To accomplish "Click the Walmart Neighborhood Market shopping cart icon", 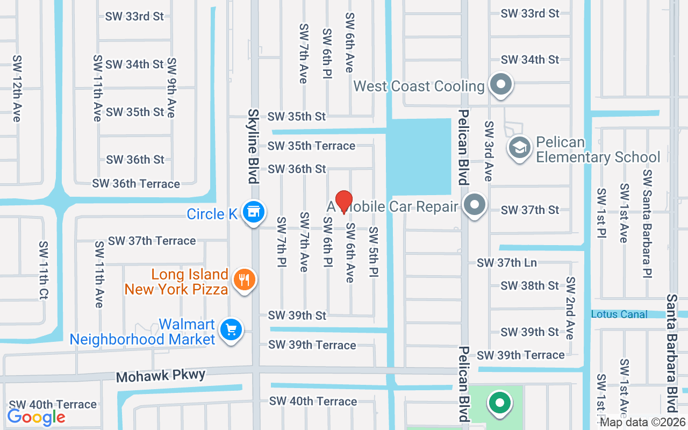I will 231,329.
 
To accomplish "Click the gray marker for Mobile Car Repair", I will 474,206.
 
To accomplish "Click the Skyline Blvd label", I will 254,146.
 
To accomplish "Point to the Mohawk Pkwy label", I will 161,375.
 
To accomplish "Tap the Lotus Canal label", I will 619,314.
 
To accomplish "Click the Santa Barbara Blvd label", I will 671,352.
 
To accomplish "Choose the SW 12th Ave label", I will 17,88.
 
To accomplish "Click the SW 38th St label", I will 530,285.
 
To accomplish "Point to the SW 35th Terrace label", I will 311,146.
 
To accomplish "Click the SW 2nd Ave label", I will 570,308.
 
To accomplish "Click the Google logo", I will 36,417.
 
